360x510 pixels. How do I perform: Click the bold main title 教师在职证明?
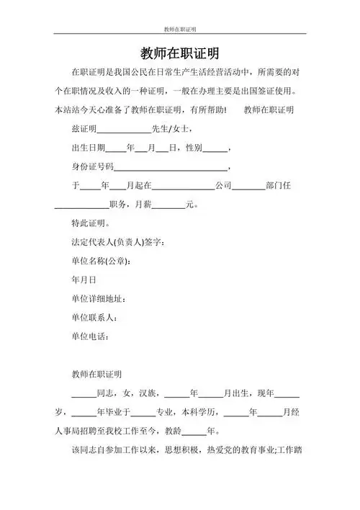tap(180, 54)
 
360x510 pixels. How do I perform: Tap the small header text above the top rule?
tap(180, 30)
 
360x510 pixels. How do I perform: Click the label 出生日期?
tap(88, 148)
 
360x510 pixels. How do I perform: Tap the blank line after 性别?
tap(215, 149)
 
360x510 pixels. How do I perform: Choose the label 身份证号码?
tap(92, 167)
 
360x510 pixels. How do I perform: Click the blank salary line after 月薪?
tap(168, 205)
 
